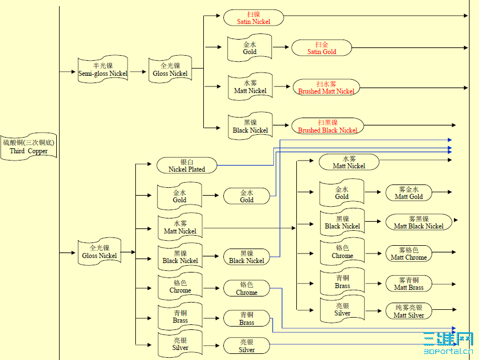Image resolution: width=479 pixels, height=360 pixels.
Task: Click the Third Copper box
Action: point(28,147)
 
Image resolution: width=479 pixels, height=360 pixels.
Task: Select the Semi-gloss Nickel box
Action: point(102,70)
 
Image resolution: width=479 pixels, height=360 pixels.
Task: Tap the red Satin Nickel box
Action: point(253,18)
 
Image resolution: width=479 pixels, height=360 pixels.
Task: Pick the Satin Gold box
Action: point(321,48)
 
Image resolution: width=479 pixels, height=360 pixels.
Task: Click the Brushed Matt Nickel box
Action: point(326,87)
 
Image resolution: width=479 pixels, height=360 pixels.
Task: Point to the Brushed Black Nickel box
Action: point(328,126)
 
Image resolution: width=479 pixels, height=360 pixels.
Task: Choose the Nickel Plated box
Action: point(187,166)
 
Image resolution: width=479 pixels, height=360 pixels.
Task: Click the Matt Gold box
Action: point(409,193)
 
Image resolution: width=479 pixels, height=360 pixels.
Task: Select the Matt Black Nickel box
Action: point(419,222)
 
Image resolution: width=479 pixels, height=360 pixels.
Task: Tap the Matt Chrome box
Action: point(409,254)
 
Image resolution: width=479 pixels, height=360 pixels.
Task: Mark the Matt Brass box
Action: point(409,284)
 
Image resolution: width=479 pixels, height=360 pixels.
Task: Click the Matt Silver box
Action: point(409,312)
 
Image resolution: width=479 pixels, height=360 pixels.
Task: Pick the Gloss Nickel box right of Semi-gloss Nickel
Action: point(170,70)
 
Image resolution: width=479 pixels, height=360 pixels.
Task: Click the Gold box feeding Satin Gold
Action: point(250,48)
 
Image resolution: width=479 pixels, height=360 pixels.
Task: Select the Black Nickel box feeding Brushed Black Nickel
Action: point(250,127)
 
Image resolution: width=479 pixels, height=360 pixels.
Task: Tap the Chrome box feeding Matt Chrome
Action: point(342,252)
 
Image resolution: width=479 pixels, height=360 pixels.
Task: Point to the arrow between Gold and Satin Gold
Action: point(282,48)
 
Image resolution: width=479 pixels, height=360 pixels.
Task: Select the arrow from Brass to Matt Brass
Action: point(375,283)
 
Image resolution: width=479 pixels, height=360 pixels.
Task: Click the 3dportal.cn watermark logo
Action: point(448,343)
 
